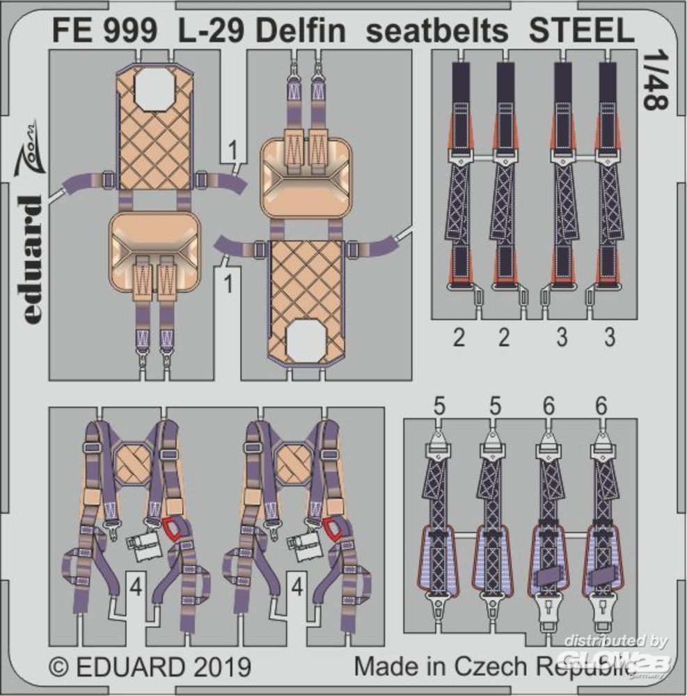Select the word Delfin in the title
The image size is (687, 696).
point(301,31)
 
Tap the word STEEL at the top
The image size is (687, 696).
point(582,31)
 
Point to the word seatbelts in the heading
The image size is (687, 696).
point(437,31)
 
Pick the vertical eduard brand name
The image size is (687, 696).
point(30,260)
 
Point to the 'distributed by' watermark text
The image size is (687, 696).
point(615,641)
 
